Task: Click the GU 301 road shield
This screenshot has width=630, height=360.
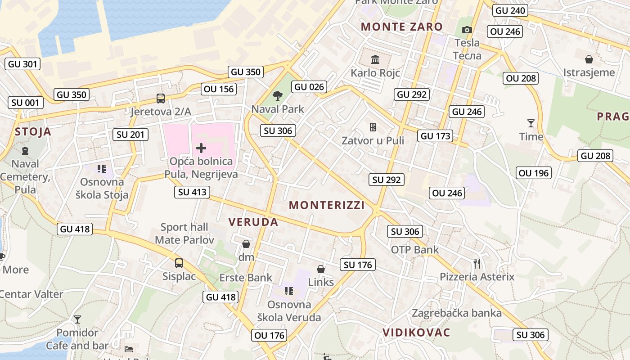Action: tap(23, 64)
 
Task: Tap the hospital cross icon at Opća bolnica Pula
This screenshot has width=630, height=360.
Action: tap(201, 148)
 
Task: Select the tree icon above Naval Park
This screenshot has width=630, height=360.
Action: tap(278, 95)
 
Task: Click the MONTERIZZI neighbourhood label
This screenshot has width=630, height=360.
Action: tap(327, 205)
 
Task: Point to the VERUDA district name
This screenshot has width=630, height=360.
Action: tap(253, 222)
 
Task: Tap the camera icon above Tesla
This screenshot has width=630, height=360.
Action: tap(467, 30)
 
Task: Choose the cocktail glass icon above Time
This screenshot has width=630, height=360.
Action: tap(531, 123)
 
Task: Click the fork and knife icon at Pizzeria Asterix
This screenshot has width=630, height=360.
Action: tap(477, 263)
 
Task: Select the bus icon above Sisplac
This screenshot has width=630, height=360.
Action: tap(179, 263)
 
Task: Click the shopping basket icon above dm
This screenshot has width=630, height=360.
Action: tap(246, 244)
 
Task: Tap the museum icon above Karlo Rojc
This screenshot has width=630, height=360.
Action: tap(375, 59)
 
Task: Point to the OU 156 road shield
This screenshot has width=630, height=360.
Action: tap(219, 89)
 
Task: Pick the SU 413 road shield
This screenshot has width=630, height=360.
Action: tap(192, 192)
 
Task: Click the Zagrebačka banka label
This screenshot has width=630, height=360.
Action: tap(457, 313)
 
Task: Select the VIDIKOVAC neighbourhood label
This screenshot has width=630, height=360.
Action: tap(416, 333)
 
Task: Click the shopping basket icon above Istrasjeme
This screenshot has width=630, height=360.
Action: tap(589, 59)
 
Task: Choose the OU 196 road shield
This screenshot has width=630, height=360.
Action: tap(534, 173)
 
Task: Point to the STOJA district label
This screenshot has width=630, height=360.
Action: tap(33, 132)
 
